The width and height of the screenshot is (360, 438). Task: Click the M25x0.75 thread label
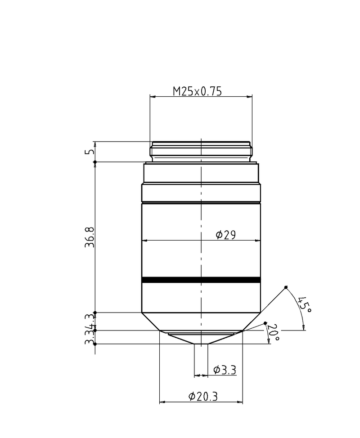pos(198,91)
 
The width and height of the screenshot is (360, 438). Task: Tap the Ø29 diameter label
pos(225,235)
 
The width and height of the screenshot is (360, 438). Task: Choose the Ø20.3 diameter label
pos(203,396)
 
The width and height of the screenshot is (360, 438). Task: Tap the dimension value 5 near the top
pos(89,152)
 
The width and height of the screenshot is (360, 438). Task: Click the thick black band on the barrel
pos(201,280)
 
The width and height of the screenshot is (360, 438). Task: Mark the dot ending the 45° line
pos(286,288)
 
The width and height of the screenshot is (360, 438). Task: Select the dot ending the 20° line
pos(265,323)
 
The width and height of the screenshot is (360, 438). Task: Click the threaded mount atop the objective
pos(201,152)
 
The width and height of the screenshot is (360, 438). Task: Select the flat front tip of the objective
pos(201,344)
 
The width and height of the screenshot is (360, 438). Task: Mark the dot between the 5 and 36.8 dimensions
pos(94,162)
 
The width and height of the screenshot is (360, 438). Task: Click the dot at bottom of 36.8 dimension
pos(94,313)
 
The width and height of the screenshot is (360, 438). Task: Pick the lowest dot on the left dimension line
pos(94,344)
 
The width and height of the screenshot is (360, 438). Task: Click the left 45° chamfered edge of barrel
pos(151,322)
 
